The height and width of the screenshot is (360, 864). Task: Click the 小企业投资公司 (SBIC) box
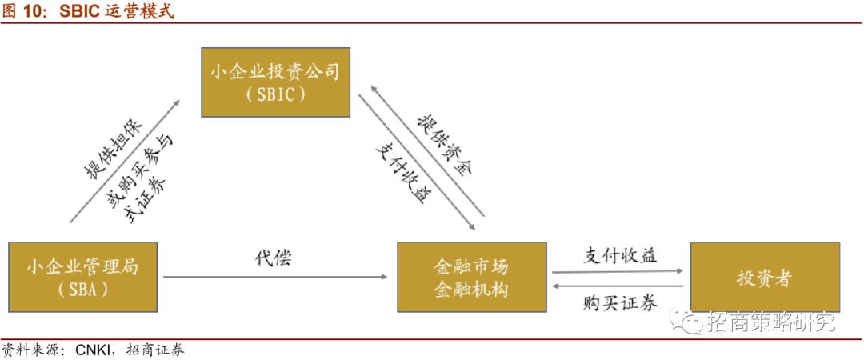[276, 82]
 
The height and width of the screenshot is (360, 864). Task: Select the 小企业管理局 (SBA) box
[82, 276]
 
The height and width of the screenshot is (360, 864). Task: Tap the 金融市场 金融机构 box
[471, 276]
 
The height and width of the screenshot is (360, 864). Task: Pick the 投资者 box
[765, 276]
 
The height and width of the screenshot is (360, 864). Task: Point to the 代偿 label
[273, 258]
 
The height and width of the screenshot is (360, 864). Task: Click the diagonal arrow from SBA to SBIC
[124, 159]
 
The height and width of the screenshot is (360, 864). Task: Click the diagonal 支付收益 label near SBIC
[400, 172]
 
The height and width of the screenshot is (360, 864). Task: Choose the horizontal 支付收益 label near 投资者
[619, 255]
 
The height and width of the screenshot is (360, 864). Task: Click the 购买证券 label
[620, 303]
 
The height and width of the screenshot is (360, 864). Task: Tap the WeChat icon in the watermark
[687, 322]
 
